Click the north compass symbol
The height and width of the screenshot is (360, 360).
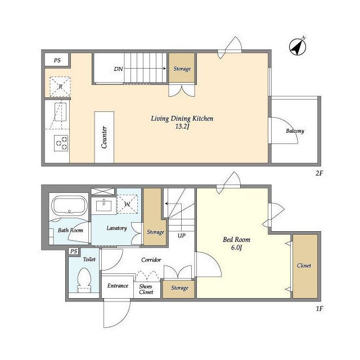298,47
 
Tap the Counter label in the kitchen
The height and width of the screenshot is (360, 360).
104,137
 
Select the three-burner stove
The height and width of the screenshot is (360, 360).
61,143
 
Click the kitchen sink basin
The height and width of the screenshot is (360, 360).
60,112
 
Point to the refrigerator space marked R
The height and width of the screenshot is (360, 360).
60,87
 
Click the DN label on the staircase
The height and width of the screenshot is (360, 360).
119,69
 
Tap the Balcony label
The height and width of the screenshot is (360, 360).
295,131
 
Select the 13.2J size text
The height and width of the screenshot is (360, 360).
182,126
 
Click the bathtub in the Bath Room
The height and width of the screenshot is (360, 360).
69,205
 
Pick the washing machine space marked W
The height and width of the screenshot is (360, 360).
128,204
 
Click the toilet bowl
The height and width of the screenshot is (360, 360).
84,281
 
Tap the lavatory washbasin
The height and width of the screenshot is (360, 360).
103,205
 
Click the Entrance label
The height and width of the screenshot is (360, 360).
118,286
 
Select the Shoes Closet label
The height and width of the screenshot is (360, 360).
146,289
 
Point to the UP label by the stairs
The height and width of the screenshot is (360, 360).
181,236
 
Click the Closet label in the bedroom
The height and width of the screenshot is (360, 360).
304,265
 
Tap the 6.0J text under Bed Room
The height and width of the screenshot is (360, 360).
236,247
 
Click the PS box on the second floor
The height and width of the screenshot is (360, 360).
57,60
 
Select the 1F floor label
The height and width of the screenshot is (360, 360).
319,309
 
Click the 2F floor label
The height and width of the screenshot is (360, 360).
319,173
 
